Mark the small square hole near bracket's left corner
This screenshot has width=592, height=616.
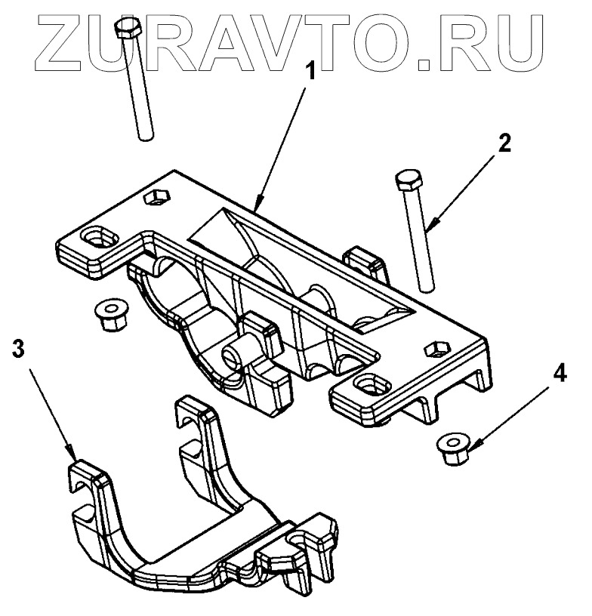click(157, 197)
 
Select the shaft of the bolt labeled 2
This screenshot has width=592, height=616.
click(421, 242)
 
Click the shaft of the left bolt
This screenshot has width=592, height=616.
click(140, 91)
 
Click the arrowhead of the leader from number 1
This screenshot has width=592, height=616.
click(259, 206)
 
